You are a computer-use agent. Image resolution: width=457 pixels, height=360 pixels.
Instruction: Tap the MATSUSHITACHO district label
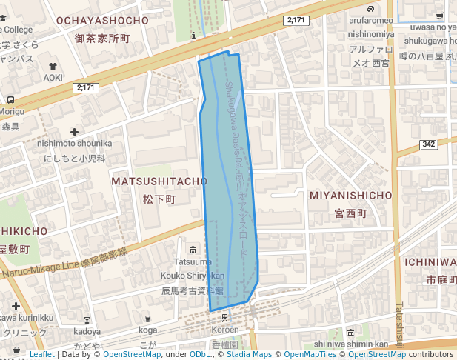pos(159,181)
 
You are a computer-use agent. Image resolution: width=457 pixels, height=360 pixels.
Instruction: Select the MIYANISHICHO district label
pos(350,195)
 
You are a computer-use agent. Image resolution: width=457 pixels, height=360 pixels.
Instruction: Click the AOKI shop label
pos(53,77)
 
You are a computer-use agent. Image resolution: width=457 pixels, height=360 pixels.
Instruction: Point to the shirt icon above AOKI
pos(53,66)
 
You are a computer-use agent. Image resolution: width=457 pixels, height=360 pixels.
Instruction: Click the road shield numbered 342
pos(428,144)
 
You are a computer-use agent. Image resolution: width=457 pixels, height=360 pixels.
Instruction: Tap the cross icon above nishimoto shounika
pos(74,131)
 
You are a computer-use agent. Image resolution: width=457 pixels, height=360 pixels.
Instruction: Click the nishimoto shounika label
pos(74,143)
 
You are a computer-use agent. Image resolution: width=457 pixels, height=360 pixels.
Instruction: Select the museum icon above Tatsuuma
pos(193,249)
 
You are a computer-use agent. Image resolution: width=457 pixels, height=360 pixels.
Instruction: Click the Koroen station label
pos(225,330)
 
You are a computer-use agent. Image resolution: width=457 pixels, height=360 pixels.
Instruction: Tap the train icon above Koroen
pos(225,318)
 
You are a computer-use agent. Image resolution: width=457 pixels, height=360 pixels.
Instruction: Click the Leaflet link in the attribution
pos(41,354)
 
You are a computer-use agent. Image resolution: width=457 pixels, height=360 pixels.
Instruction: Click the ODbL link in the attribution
pos(200,354)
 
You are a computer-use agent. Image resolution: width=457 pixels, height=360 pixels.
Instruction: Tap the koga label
pos(148,330)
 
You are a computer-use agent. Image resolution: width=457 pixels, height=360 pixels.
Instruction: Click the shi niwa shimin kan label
pos(351,344)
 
